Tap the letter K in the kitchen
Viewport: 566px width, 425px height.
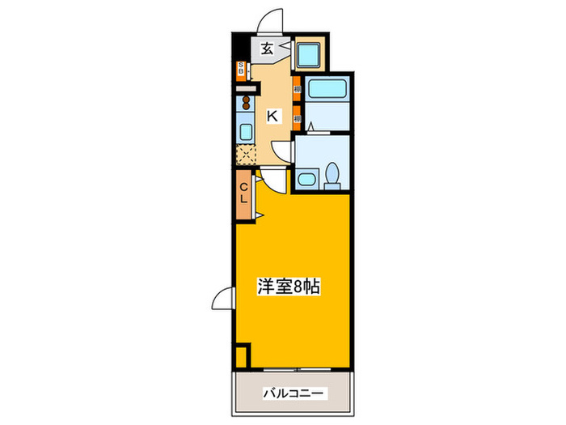(x=272, y=116)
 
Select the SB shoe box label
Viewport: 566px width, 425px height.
(x=240, y=70)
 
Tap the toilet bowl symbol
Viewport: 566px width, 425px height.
(x=332, y=176)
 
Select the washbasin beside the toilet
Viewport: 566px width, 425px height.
(x=306, y=178)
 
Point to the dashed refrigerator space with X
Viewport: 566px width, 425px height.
(x=244, y=153)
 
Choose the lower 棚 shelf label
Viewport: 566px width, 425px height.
(x=297, y=117)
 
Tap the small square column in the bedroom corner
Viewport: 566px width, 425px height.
(x=242, y=354)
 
